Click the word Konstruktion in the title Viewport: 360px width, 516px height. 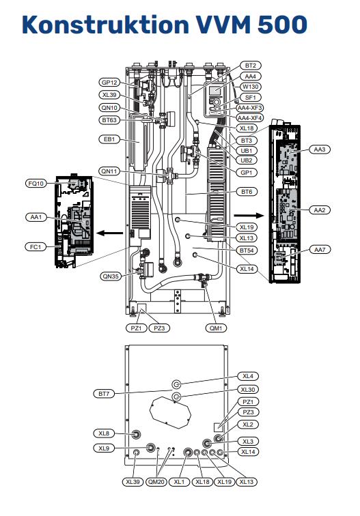click(105, 24)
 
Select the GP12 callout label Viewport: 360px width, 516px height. click(109, 83)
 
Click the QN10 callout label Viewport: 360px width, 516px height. click(109, 108)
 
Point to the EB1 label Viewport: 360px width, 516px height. click(109, 139)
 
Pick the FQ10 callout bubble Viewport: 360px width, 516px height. click(36, 184)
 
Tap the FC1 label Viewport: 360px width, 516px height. click(36, 246)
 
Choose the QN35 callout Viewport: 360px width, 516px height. click(111, 276)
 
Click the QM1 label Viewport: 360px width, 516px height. click(216, 328)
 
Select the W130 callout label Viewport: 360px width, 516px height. click(250, 87)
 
